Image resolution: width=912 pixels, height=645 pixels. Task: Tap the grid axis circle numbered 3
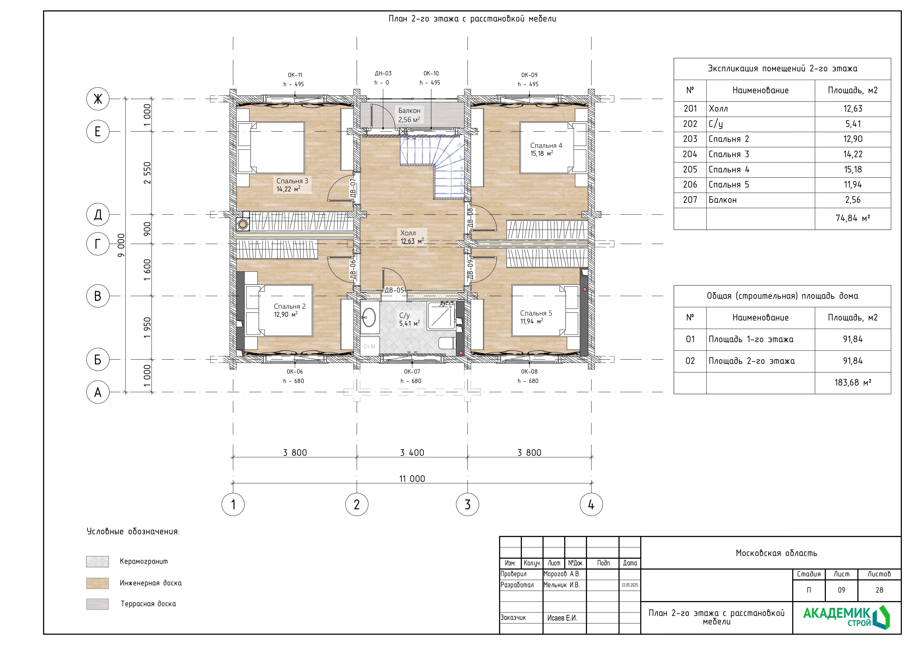pyautogui.click(x=467, y=504)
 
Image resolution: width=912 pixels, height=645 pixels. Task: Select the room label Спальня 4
pyautogui.click(x=546, y=145)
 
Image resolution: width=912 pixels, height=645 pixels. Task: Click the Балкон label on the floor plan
pyautogui.click(x=409, y=111)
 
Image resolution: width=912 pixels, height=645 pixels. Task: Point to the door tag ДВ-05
pyautogui.click(x=395, y=290)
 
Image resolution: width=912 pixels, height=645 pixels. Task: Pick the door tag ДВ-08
pyautogui.click(x=470, y=218)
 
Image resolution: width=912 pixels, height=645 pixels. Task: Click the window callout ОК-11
pyautogui.click(x=295, y=75)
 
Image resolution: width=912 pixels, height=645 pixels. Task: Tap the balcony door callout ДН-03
pyautogui.click(x=383, y=73)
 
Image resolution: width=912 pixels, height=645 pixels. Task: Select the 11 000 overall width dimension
pyautogui.click(x=412, y=479)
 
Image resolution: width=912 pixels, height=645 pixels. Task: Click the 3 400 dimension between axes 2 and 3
pyautogui.click(x=412, y=452)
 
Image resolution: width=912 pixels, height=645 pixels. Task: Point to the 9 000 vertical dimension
pyautogui.click(x=121, y=245)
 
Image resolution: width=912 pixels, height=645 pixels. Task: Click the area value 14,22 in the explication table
pyautogui.click(x=853, y=154)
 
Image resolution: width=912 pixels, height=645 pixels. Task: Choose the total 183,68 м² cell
pyautogui.click(x=853, y=382)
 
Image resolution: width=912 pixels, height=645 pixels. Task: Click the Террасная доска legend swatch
pyautogui.click(x=97, y=604)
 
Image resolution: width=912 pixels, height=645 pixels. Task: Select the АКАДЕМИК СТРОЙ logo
pyautogui.click(x=846, y=617)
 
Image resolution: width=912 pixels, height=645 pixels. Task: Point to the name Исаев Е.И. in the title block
pyautogui.click(x=562, y=618)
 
